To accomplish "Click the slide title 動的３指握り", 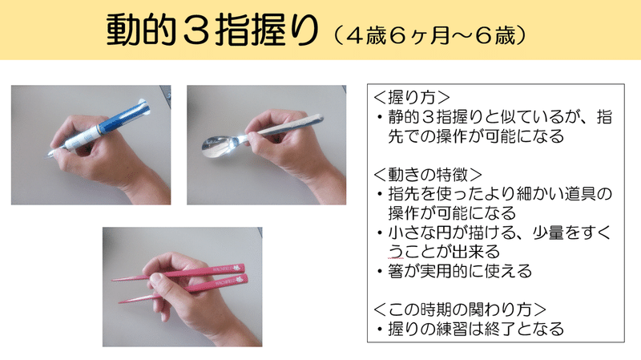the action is [212, 30].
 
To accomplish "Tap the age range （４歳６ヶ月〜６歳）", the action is [429, 35].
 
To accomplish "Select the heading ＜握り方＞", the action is [412, 97].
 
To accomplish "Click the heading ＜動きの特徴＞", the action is [428, 175].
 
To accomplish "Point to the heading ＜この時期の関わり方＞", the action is [460, 309].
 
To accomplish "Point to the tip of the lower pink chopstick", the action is [120, 302].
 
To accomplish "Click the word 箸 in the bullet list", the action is [396, 271].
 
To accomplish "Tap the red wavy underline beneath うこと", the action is [395, 258].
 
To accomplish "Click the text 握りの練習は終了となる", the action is [476, 329].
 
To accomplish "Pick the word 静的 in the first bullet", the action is [404, 117].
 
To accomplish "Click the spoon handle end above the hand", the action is [317, 118].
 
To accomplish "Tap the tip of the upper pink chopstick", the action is [114, 281].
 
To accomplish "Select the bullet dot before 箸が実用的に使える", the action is [380, 272].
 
